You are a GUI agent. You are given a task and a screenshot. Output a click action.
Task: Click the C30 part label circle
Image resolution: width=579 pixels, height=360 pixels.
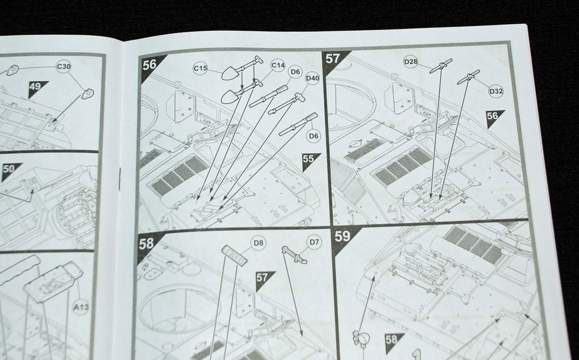click(64, 67)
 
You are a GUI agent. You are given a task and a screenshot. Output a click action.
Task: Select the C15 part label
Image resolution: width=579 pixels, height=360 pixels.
click(200, 68)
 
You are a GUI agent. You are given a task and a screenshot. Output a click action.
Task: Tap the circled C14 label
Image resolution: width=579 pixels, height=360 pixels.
click(278, 66)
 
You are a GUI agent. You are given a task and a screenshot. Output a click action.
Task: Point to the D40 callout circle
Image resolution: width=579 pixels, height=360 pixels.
click(313, 79)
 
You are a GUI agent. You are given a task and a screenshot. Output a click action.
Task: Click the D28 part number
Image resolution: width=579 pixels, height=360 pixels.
click(411, 61)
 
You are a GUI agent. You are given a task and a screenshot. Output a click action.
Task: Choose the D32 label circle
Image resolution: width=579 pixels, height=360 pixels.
click(496, 91)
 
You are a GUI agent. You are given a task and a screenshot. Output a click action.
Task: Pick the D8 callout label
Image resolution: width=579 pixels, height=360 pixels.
click(259, 243)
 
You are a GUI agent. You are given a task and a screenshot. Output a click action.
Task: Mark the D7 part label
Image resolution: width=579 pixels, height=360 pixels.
click(314, 242)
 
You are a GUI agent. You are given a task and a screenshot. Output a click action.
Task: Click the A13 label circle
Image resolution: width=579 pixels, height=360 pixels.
click(81, 307)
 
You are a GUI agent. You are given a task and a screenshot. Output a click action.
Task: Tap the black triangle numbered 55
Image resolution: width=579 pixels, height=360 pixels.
click(309, 160)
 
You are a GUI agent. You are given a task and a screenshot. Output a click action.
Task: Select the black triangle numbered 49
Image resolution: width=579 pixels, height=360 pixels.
click(36, 88)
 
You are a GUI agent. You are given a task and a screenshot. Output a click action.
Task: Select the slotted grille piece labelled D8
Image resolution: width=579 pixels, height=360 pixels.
click(235, 255)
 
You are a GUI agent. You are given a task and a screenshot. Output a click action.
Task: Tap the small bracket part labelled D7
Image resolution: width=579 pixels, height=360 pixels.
click(294, 255)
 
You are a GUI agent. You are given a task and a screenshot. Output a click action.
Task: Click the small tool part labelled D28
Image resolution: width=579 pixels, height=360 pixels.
click(441, 66)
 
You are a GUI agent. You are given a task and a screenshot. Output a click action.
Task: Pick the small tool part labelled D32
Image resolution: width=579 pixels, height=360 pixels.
click(469, 77)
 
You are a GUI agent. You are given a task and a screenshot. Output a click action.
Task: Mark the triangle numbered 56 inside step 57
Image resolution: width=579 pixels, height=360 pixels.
click(493, 118)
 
